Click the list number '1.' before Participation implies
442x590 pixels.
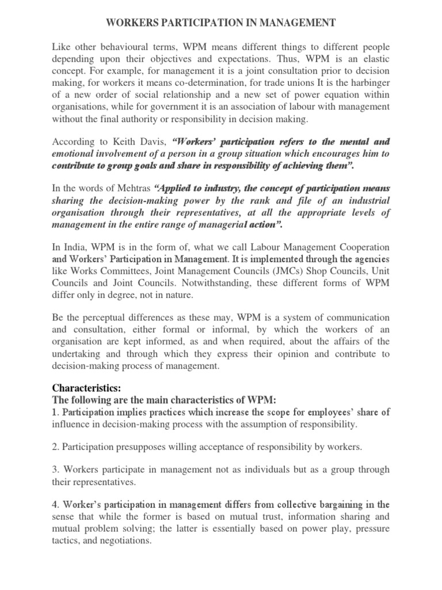pos(56,412)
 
